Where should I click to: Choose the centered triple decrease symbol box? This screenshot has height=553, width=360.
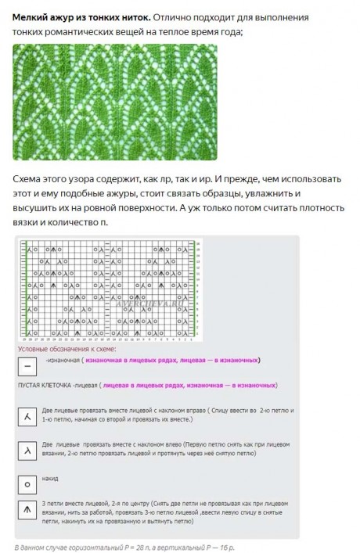[x=28, y=512]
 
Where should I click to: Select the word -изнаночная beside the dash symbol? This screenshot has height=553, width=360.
[x=64, y=361]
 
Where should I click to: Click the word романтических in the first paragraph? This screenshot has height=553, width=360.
[x=85, y=31]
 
